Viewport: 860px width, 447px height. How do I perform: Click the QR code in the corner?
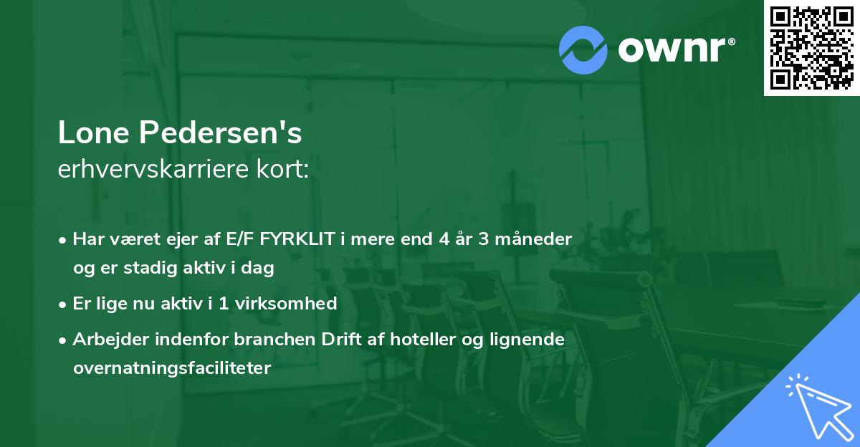click(x=811, y=47)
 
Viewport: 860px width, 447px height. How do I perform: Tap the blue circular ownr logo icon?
click(x=583, y=49)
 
